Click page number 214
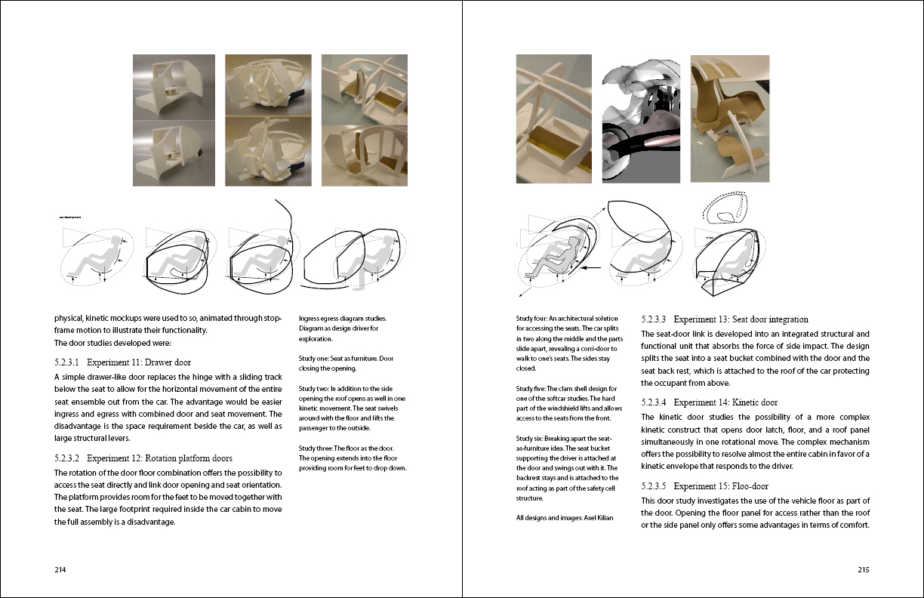coord(61,570)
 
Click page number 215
coord(863,570)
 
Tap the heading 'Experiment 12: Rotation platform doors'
coord(159,458)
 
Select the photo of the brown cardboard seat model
coord(730,119)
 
